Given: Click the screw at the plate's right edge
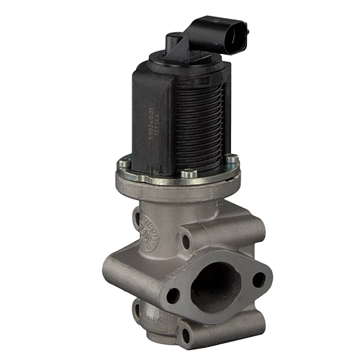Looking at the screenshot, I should click(x=232, y=161).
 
